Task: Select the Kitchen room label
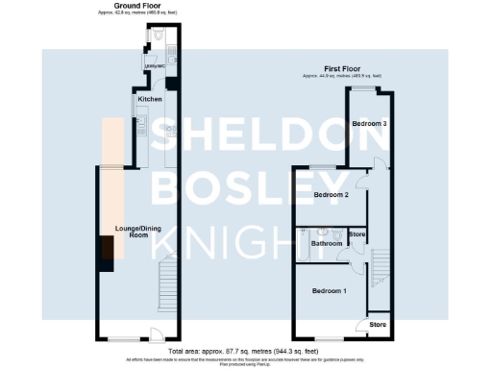tap(149, 99)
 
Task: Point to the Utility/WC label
tap(155, 66)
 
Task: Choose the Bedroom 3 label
tap(369, 124)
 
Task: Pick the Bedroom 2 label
tap(331, 194)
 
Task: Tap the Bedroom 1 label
tap(331, 290)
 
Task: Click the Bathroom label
tap(326, 243)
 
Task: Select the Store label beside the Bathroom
tap(357, 234)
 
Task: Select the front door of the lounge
tap(152, 336)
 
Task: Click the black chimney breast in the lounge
tap(100, 253)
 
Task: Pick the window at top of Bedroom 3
tap(363, 88)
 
